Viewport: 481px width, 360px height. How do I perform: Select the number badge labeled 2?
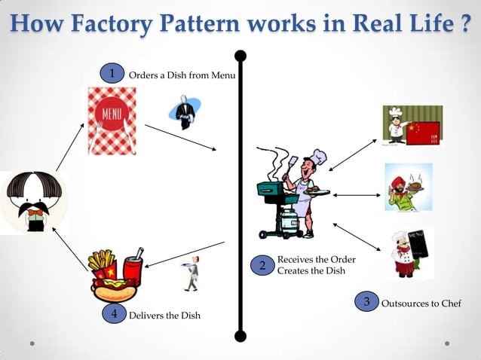(262, 266)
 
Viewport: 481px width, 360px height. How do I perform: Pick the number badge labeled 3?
(366, 302)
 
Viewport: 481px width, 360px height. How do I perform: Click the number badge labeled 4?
(114, 314)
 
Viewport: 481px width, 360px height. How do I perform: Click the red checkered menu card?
(112, 121)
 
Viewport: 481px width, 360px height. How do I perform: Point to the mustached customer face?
(34, 200)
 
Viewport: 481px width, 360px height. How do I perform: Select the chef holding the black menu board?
(407, 254)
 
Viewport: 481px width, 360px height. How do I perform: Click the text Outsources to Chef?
(421, 304)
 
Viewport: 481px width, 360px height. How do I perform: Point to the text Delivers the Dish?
(164, 316)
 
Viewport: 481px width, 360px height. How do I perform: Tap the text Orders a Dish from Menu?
(182, 75)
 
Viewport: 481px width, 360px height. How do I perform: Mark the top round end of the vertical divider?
(240, 55)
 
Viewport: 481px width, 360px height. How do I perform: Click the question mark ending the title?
(467, 24)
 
